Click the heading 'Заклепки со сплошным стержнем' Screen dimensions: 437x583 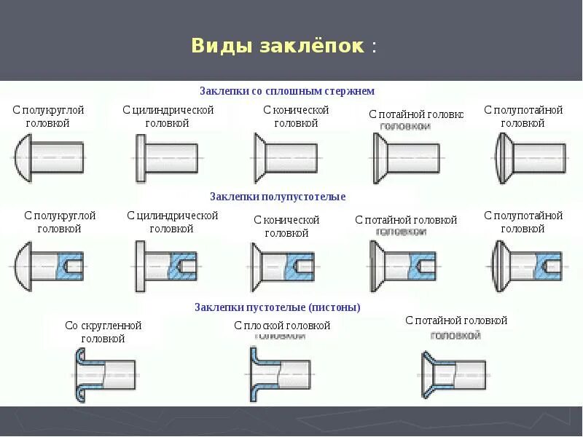point(286,91)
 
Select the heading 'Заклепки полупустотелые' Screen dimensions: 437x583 point(278,197)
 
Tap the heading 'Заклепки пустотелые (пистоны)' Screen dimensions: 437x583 point(278,307)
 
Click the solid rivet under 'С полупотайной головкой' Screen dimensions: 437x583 point(529,157)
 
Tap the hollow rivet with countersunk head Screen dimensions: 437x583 point(452,374)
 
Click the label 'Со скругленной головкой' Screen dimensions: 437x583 point(103,332)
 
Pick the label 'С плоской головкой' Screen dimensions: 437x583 point(283,326)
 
